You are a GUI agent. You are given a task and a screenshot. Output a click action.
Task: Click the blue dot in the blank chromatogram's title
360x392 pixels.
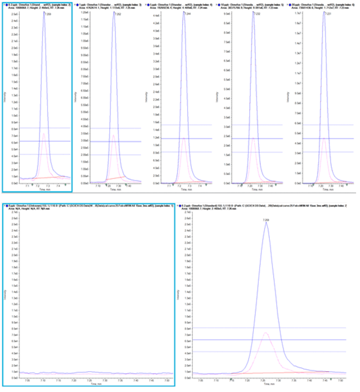(6, 205)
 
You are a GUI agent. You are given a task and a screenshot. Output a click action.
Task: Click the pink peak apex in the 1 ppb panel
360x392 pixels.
(113, 135)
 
